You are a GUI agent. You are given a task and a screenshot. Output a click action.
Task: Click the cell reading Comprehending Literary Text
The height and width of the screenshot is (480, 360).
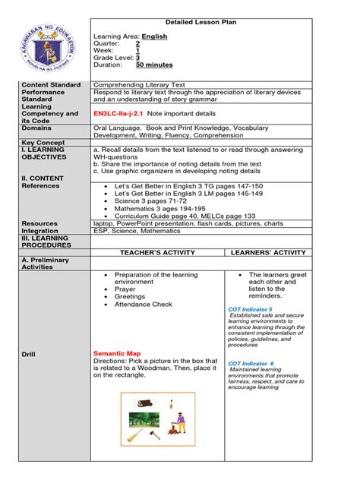pos(137,84)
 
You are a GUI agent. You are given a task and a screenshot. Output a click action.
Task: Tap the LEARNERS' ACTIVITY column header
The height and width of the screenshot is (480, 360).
pos(267,252)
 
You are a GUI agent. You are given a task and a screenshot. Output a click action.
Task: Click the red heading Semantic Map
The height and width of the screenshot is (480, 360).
pos(118,354)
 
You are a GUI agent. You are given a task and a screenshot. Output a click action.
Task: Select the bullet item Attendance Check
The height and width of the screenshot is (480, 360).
pos(144,305)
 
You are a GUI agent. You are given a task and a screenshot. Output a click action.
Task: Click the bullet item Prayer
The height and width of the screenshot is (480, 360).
pos(125,289)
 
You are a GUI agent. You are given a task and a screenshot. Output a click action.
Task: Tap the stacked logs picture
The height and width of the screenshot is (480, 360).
pos(142,404)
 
